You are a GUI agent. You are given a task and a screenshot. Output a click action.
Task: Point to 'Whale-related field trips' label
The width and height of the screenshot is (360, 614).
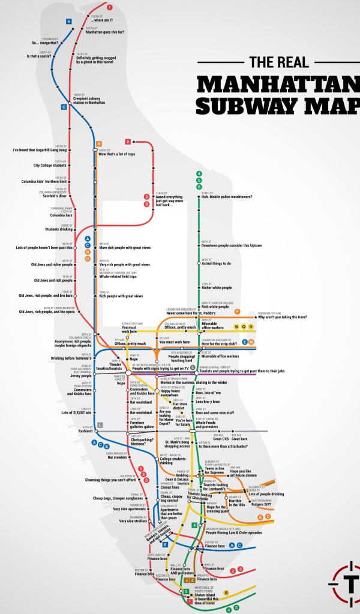click(x=118, y=276)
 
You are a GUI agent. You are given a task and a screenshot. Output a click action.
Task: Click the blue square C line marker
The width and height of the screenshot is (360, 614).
click(x=64, y=107)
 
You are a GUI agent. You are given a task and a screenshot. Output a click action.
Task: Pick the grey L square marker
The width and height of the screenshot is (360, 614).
click(x=100, y=425)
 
